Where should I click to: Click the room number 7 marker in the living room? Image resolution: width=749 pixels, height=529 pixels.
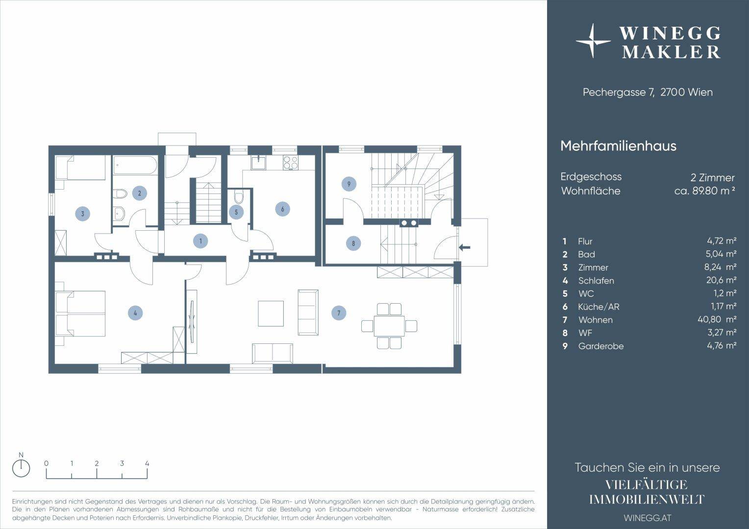[x=339, y=313]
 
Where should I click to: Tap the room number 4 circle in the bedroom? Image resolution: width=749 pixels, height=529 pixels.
[x=135, y=313]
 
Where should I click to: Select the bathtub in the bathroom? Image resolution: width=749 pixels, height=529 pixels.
[x=135, y=165]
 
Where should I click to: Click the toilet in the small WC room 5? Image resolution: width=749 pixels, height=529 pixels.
[x=238, y=197]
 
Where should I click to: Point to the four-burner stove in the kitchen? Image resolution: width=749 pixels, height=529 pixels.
[x=290, y=163]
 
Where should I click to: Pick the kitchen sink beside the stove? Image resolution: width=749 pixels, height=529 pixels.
[x=258, y=163]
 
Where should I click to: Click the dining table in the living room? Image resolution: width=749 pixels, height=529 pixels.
[x=389, y=326]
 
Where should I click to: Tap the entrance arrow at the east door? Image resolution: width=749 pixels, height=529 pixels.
[x=464, y=248]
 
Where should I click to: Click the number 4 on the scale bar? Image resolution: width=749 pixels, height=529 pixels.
[x=147, y=463]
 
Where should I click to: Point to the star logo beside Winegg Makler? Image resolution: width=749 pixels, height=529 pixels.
[x=593, y=41]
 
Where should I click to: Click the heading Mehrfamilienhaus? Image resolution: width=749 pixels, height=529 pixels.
[x=618, y=146]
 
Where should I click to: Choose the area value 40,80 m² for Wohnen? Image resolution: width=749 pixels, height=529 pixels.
[x=717, y=319]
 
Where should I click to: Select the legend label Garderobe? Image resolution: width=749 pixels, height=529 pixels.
[x=601, y=346]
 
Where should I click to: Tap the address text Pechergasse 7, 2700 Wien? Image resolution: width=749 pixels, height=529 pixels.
[x=648, y=92]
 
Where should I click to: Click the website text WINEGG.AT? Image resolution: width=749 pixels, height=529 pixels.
[x=648, y=518]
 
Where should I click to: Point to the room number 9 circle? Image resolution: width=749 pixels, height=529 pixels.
[x=349, y=184]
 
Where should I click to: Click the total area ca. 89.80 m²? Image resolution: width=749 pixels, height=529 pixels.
[x=704, y=192]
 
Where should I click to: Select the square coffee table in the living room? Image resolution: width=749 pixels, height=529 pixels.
[x=271, y=313]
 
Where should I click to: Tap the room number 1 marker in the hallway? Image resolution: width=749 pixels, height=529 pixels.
[x=200, y=241]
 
